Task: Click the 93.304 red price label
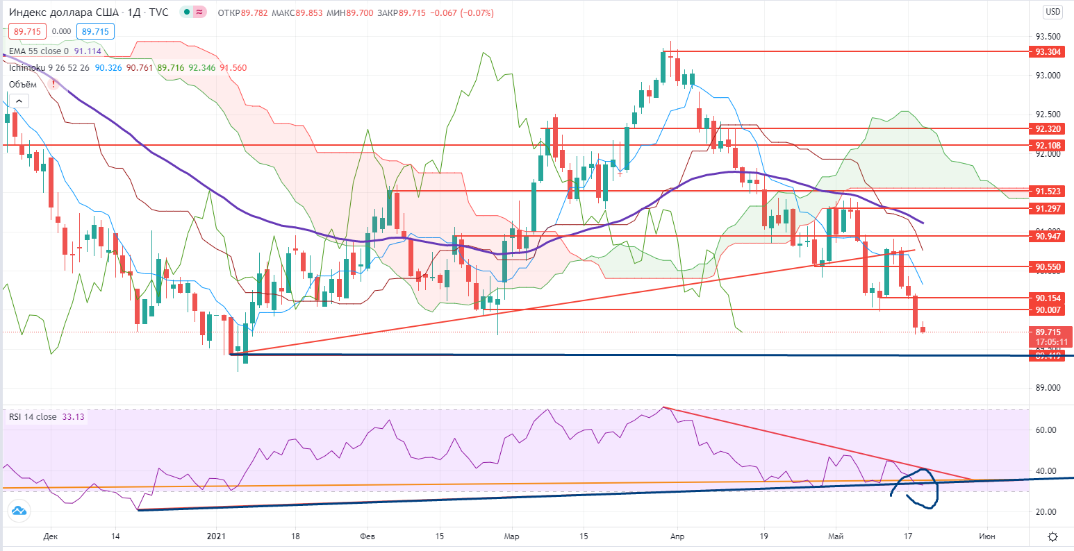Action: click(1047, 51)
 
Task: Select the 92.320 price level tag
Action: click(1047, 128)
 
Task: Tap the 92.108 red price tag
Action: click(1047, 145)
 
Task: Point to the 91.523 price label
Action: click(1047, 191)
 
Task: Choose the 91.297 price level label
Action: click(1047, 208)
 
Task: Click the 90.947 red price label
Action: click(1047, 236)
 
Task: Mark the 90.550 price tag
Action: click(1047, 266)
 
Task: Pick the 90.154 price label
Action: click(1047, 297)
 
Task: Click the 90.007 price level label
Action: click(1047, 310)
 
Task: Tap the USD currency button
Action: click(1052, 11)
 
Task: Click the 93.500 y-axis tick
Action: click(1048, 37)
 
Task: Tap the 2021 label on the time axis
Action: click(217, 536)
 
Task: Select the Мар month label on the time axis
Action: click(511, 536)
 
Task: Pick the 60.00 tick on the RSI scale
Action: click(1046, 430)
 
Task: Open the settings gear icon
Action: click(1053, 536)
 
